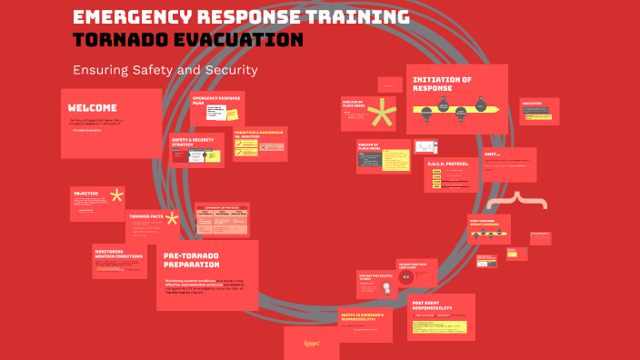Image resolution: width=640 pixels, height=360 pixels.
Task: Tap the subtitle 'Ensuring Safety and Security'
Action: pyautogui.click(x=165, y=70)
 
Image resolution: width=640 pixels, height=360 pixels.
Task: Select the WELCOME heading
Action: pyautogui.click(x=92, y=107)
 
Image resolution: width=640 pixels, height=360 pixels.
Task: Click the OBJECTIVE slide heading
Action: pyautogui.click(x=86, y=194)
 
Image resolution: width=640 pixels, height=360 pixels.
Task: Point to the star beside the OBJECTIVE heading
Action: pyautogui.click(x=116, y=195)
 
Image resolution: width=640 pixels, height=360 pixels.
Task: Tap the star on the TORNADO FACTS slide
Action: pyautogui.click(x=172, y=218)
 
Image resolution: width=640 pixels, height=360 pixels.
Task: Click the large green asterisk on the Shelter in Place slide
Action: pyautogui.click(x=383, y=115)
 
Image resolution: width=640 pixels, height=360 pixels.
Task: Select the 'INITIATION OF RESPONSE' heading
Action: pyautogui.click(x=443, y=84)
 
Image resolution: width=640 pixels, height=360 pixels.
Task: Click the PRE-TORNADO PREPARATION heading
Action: pyautogui.click(x=192, y=260)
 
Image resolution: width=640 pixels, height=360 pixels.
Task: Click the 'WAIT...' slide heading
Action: pyautogui.click(x=493, y=154)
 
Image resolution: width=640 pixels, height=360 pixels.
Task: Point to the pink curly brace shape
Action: pyautogui.click(x=517, y=201)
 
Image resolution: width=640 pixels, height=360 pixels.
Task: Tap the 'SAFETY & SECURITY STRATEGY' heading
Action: pyautogui.click(x=191, y=142)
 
